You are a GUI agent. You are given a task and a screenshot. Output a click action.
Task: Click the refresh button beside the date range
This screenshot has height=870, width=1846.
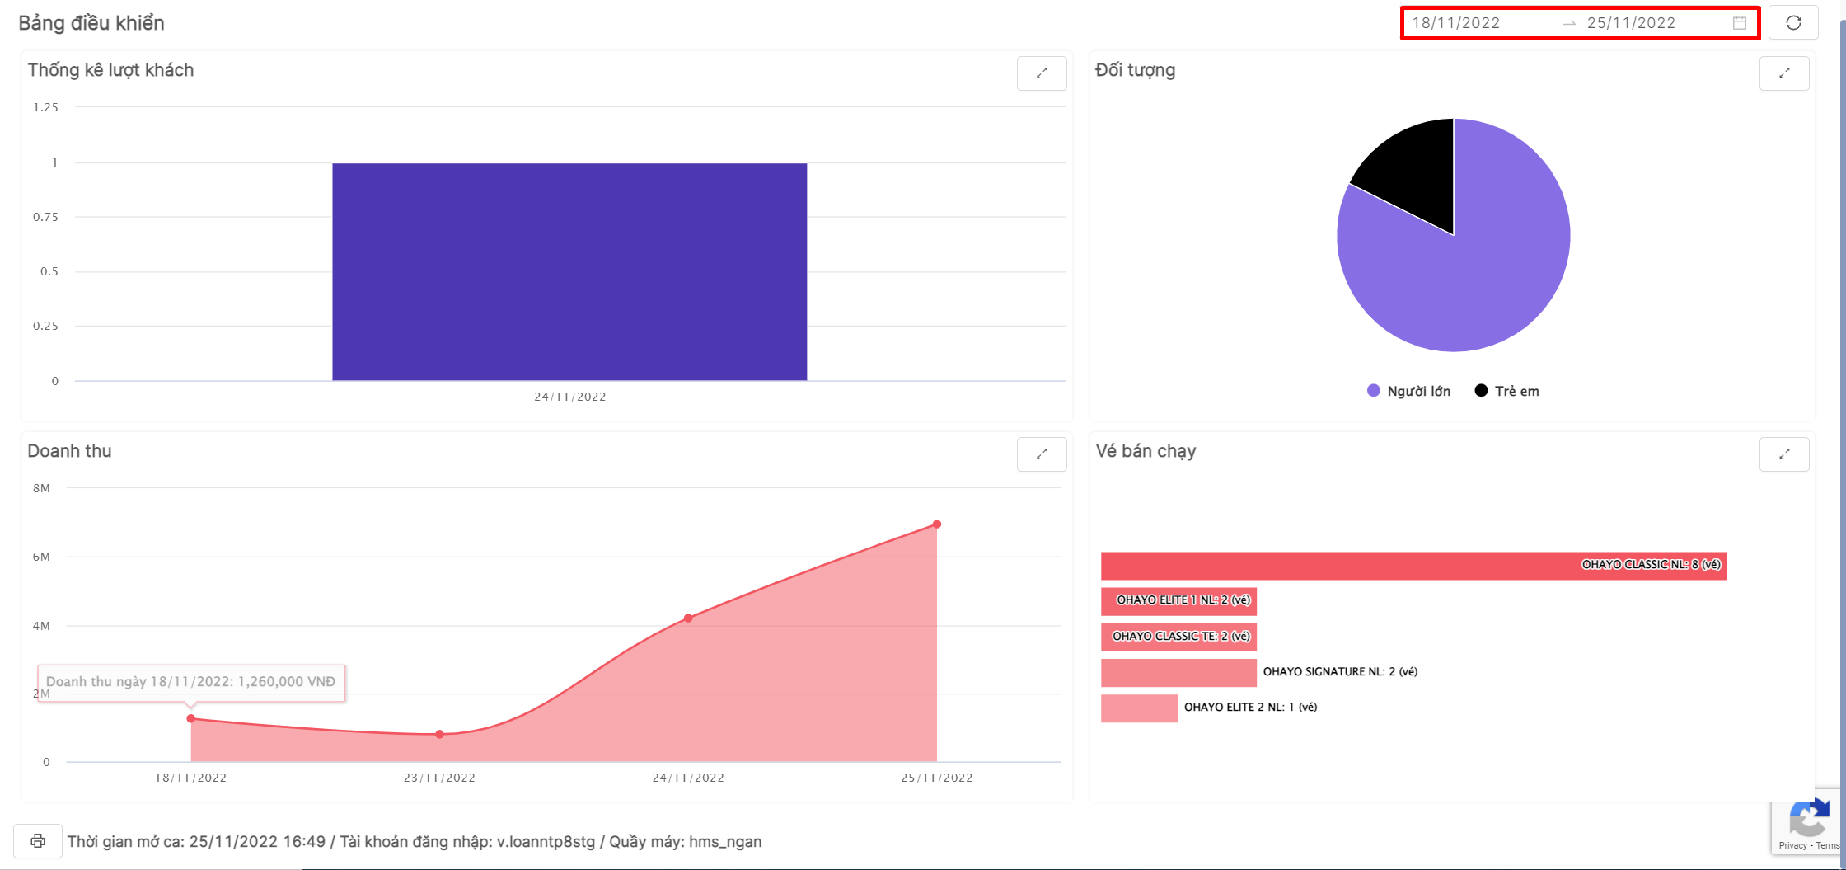click(1793, 23)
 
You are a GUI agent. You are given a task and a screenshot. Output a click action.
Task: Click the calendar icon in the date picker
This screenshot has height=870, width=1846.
click(1740, 23)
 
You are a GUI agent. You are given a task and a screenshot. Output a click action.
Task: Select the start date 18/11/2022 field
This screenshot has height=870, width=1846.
click(1456, 23)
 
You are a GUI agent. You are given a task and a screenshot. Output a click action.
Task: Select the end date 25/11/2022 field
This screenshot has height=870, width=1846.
click(1631, 23)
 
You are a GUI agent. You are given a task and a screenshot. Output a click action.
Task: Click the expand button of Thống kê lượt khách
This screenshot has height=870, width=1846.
click(1042, 73)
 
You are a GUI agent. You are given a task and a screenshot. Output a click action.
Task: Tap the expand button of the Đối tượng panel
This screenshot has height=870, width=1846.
click(1784, 73)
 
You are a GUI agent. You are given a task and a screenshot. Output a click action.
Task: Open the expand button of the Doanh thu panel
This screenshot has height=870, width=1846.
click(1042, 454)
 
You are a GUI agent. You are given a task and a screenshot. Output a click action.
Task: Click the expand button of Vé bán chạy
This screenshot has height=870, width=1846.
click(1784, 454)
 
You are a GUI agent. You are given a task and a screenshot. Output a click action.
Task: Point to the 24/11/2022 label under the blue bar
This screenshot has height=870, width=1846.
click(570, 397)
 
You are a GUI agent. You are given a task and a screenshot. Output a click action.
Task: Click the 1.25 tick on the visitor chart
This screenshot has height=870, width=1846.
click(46, 107)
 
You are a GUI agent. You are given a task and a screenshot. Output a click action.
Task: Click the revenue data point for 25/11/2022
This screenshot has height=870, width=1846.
click(937, 524)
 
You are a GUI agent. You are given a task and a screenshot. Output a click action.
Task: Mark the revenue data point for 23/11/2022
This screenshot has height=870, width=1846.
click(439, 734)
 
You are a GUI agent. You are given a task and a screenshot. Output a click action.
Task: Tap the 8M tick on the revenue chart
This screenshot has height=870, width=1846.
click(42, 488)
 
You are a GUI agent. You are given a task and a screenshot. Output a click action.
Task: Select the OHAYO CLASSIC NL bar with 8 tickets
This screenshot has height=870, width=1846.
click(1413, 566)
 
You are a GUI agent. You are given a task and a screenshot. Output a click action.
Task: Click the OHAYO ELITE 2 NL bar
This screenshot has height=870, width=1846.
click(1139, 708)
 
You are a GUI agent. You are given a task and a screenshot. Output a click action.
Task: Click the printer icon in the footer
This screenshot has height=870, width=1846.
click(38, 841)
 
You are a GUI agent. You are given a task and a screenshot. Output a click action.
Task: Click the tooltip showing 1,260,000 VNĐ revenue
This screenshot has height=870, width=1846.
click(191, 682)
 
